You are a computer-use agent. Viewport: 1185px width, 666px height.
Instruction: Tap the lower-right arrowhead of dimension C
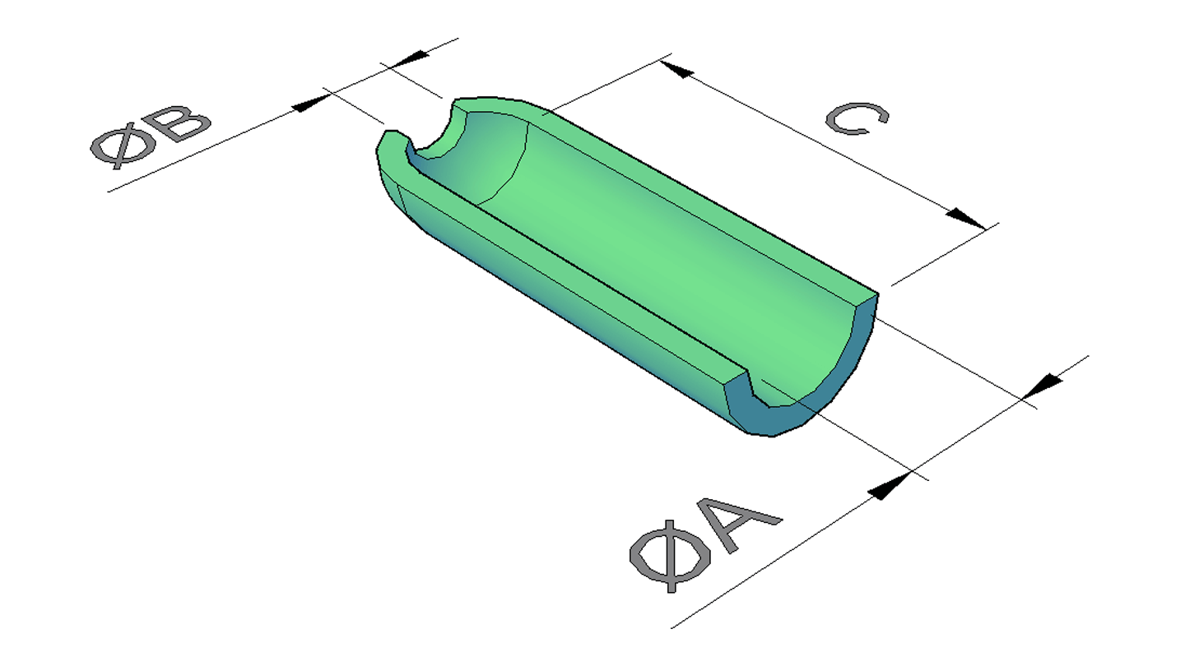[x=966, y=219]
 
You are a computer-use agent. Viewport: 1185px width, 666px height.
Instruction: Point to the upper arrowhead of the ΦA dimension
[x=1041, y=386]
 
